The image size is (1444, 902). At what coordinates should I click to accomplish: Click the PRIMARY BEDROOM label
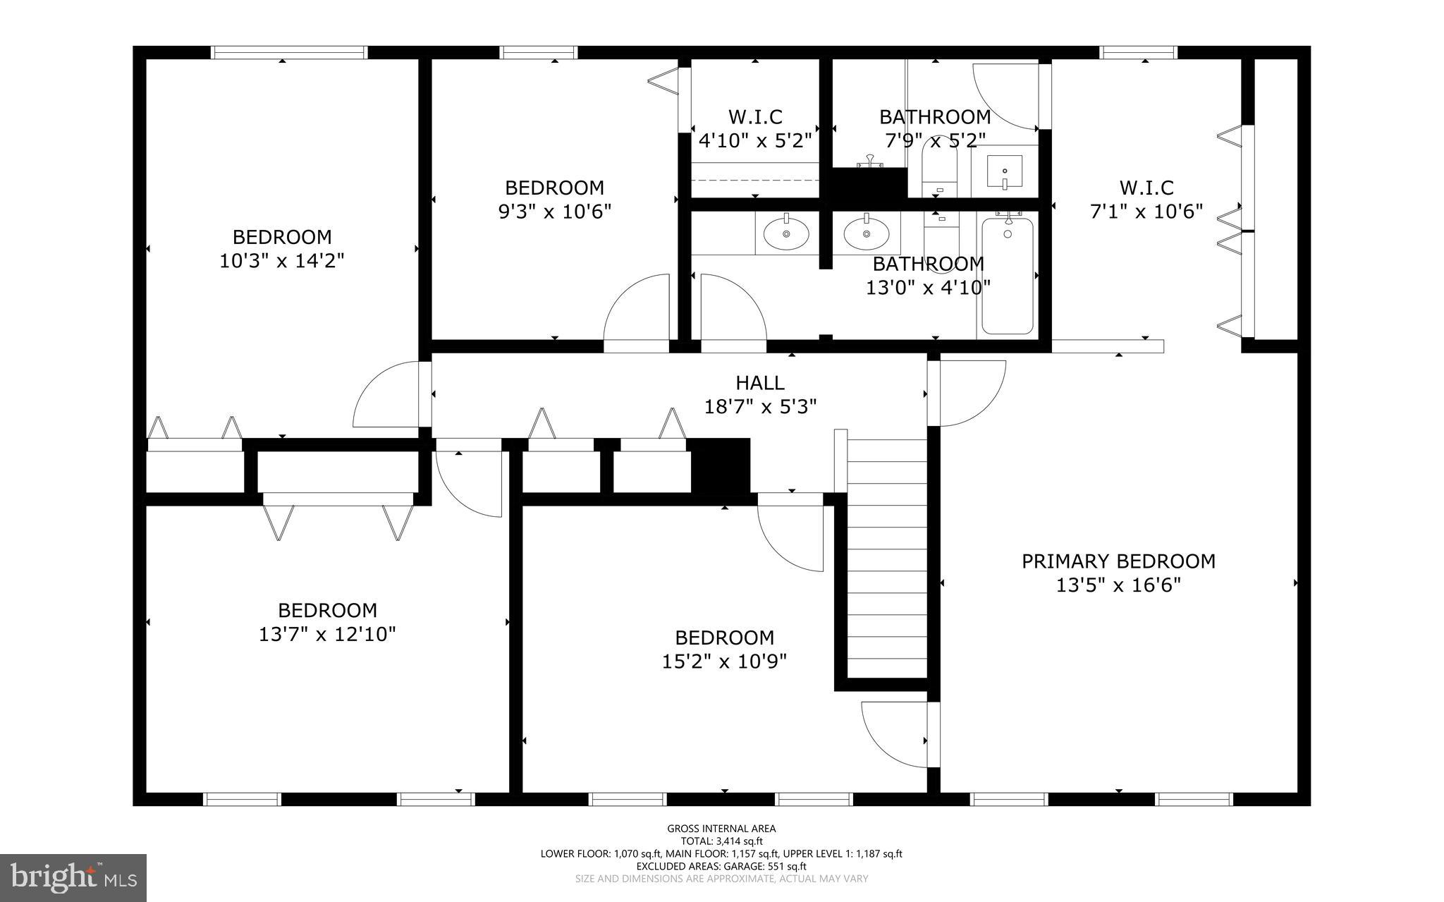coord(1118,561)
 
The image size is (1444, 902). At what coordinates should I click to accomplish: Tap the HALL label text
coord(760,383)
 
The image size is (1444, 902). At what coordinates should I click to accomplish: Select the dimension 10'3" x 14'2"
coord(281,261)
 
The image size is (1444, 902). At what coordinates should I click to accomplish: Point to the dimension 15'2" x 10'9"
coord(724,662)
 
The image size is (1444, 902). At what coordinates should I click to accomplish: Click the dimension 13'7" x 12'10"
coord(327,634)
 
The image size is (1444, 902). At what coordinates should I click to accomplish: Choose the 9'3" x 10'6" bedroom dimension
coord(554,212)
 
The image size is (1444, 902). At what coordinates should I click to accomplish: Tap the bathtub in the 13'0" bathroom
coord(1008,276)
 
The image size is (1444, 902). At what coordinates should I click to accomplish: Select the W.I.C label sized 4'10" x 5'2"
coord(755,116)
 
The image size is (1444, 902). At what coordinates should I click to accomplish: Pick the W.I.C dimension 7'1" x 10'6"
coord(1146,212)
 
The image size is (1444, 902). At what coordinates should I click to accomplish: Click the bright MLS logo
coord(73,877)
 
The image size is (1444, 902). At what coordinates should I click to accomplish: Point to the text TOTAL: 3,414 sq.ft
coord(721,841)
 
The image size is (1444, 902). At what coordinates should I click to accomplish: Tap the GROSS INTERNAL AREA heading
coord(721,829)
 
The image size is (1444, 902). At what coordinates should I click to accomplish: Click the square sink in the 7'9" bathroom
coord(1004,171)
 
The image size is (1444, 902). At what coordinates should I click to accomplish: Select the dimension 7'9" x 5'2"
coord(935,140)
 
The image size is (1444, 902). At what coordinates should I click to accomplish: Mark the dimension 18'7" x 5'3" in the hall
coord(760,407)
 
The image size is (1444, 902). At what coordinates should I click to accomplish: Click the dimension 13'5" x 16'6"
coord(1118,585)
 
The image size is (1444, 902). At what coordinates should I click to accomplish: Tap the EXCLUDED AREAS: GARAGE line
coord(721,866)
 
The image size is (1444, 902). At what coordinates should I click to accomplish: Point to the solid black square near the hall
coord(720,465)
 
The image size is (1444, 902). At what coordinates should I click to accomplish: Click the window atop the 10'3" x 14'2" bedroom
coord(289,52)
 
